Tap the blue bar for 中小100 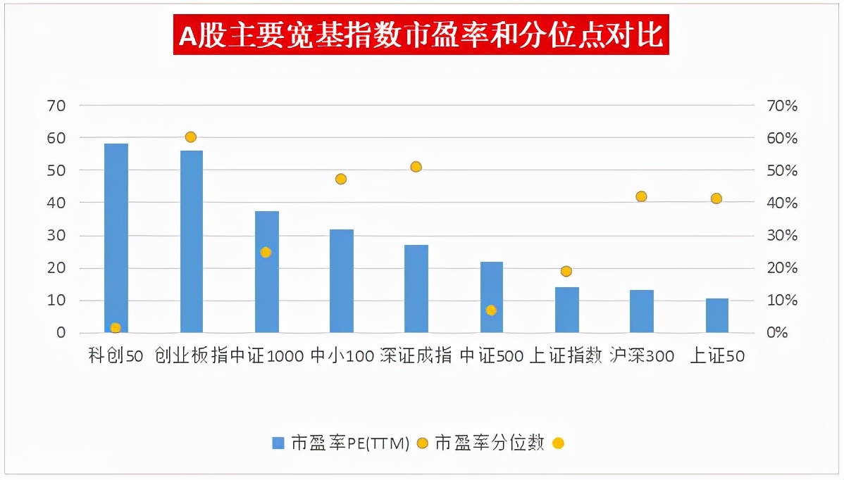342,281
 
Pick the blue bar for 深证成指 416,289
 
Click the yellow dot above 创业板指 190,137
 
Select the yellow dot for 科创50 116,328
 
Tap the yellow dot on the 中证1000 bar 266,253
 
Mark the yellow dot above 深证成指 416,167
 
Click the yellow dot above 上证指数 566,272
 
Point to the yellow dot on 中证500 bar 491,310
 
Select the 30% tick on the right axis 781,236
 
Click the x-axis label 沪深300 642,357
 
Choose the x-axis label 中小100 342,357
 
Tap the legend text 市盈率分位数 490,443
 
